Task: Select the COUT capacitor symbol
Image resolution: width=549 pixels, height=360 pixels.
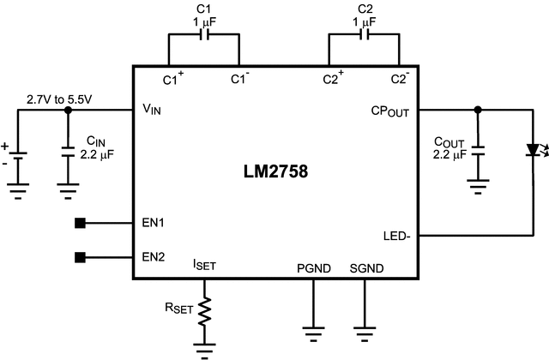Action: pos(478,151)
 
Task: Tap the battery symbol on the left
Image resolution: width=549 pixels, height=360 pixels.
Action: pos(19,154)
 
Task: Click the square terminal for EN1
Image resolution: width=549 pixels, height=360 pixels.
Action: pos(80,224)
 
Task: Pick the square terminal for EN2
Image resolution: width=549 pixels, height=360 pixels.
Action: pos(80,256)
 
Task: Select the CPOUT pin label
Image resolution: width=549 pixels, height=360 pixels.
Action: pos(388,111)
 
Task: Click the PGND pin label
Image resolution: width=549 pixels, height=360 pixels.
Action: pos(313,268)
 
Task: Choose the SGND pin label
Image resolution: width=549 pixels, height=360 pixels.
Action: pos(366,268)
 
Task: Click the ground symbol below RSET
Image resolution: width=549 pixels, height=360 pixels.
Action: pos(205,349)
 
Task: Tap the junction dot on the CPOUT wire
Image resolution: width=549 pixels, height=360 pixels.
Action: pos(478,110)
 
